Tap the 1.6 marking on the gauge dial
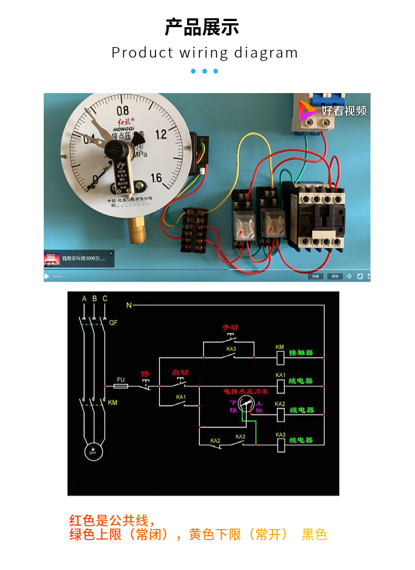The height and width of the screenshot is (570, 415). (156, 178)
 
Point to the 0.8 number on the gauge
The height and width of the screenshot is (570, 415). (122, 111)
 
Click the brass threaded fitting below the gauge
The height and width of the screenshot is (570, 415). (137, 229)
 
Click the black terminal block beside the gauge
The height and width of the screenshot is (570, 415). (194, 229)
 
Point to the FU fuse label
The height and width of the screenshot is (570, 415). (121, 379)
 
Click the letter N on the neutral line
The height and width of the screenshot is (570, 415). (129, 305)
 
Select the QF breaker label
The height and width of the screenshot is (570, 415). (113, 322)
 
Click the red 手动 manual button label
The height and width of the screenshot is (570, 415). (230, 327)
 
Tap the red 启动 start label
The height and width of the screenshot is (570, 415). (180, 372)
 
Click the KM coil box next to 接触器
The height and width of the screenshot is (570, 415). (280, 358)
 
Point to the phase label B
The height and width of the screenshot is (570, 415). (95, 299)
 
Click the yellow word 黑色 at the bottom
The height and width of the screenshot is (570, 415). (314, 535)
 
